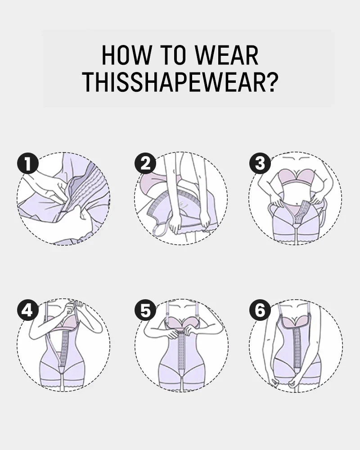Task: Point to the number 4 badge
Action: pos(28,311)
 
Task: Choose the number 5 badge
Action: pos(145,311)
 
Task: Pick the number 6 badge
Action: pos(260,311)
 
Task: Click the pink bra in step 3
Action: pos(295,177)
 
